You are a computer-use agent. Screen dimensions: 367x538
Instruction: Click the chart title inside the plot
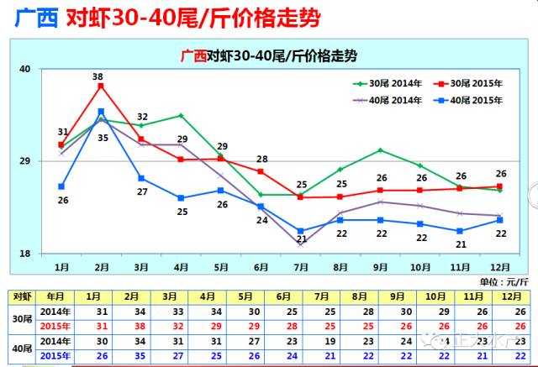(x=269, y=56)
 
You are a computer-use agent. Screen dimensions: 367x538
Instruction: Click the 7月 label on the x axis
(x=302, y=266)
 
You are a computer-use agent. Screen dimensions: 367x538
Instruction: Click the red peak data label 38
(x=98, y=76)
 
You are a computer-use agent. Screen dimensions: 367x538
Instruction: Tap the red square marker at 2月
(x=101, y=87)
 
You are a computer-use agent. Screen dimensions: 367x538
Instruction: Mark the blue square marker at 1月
(x=61, y=186)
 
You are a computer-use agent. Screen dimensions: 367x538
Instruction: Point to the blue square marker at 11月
(x=460, y=231)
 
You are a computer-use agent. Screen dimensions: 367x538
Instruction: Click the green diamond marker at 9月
(x=381, y=150)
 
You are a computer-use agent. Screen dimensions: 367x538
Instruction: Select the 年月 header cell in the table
(x=55, y=296)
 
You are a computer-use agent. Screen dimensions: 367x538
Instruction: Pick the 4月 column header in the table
(x=208, y=296)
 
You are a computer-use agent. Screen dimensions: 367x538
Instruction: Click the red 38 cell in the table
(x=132, y=326)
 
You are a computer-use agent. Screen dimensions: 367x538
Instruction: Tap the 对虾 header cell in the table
(x=21, y=296)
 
